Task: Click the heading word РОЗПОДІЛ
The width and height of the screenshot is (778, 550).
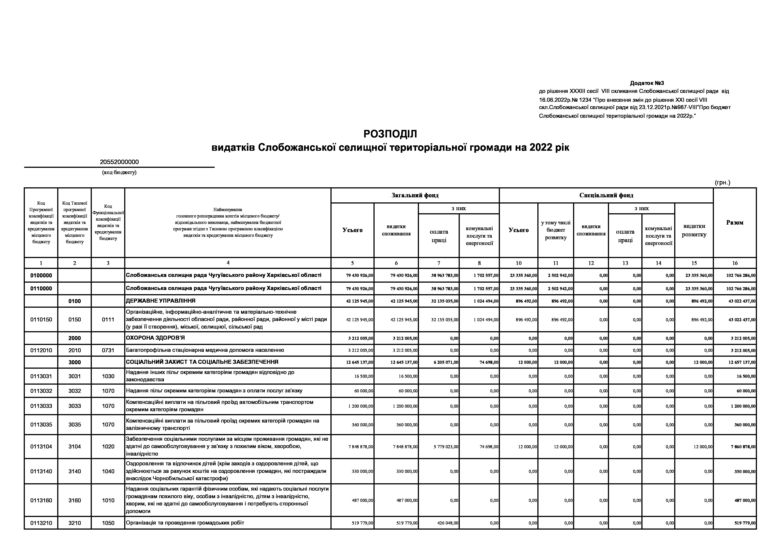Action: pos(390,134)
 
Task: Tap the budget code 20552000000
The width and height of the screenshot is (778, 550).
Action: pos(119,162)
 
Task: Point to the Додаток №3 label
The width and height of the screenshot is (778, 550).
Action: pos(646,83)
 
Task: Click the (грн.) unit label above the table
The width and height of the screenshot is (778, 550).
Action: pos(722,182)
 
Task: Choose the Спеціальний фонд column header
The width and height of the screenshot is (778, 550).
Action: pos(606,195)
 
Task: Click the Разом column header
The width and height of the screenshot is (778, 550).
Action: pos(735,223)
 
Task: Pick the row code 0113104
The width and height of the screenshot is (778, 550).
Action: pos(41,447)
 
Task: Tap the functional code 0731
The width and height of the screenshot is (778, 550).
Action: pos(108,350)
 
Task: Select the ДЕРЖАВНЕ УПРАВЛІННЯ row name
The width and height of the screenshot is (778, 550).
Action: pos(161,301)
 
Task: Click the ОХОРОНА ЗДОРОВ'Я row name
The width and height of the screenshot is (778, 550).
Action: pos(155,338)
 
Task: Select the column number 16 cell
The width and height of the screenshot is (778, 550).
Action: pos(735,263)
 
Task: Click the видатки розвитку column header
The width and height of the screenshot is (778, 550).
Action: pos(694,230)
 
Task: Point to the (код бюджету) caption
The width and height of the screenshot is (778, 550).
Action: pos(119,172)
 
